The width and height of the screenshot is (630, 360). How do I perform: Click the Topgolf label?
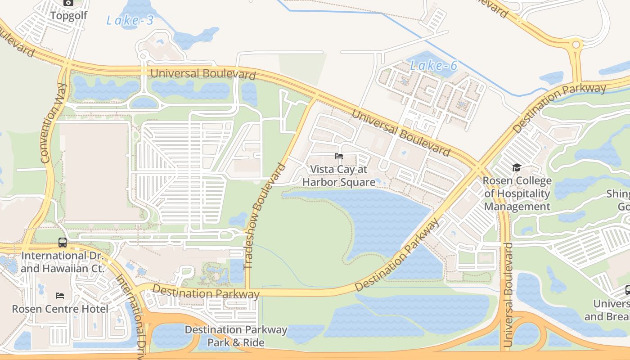coord(68,16)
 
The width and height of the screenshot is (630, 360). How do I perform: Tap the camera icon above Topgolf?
coord(68,3)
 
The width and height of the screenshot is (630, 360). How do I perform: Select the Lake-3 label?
coord(130,20)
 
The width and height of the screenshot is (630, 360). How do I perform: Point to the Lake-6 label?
coord(433,66)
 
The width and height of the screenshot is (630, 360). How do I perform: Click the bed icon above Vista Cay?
coord(339,156)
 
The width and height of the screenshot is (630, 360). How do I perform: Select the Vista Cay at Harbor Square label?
coord(339,175)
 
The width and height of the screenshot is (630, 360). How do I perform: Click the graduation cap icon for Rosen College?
coord(517,168)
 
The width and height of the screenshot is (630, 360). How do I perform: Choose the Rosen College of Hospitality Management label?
coord(517,194)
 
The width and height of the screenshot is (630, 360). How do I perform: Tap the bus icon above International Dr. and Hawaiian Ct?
coord(63,243)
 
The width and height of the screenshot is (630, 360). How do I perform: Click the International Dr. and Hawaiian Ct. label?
coord(63,262)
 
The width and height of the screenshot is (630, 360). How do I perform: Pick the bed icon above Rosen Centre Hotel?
coord(60,296)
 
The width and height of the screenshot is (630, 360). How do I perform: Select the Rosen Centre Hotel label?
coord(60,309)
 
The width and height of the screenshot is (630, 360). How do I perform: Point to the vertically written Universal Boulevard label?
coord(508,295)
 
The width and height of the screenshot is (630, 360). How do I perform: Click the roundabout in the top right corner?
coord(576,45)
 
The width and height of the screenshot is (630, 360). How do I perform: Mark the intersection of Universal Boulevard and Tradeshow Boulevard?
coord(315,96)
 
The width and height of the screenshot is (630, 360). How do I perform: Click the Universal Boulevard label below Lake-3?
coord(203,74)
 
